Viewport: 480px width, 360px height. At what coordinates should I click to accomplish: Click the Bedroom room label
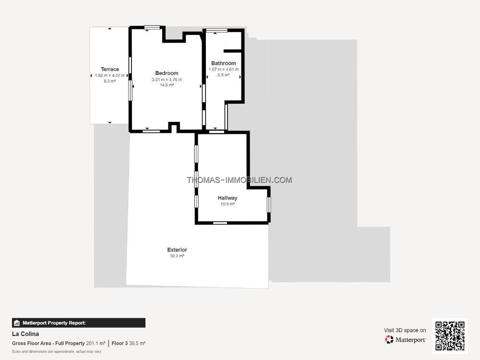(167, 73)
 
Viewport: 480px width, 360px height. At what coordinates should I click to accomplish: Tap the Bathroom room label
(224, 63)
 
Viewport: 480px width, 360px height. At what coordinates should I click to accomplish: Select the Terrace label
(109, 69)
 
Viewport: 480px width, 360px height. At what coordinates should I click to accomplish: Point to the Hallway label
(228, 198)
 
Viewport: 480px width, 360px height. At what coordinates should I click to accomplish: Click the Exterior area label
(177, 250)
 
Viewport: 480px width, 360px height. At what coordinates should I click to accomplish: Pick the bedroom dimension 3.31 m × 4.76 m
(167, 80)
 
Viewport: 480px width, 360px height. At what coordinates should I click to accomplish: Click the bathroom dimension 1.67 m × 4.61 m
(224, 70)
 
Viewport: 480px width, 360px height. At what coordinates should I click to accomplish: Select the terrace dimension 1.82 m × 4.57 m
(109, 75)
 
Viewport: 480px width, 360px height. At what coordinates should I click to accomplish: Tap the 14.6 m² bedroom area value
(167, 85)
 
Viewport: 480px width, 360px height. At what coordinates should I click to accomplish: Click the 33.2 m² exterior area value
(177, 256)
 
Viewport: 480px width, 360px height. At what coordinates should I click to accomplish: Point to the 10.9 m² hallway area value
(228, 204)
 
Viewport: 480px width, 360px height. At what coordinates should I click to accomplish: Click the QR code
(450, 336)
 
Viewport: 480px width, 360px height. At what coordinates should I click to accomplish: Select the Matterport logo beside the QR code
(405, 339)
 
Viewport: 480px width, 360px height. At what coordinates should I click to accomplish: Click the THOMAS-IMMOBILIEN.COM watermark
(240, 180)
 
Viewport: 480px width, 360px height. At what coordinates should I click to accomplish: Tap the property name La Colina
(25, 334)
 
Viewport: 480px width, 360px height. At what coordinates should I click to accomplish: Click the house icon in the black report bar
(17, 323)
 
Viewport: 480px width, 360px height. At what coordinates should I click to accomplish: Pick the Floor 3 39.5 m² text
(129, 344)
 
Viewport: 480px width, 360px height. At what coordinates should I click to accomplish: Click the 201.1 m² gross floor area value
(96, 344)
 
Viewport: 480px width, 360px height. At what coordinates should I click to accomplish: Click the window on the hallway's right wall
(269, 205)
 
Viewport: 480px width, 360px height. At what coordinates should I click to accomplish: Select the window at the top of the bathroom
(217, 30)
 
